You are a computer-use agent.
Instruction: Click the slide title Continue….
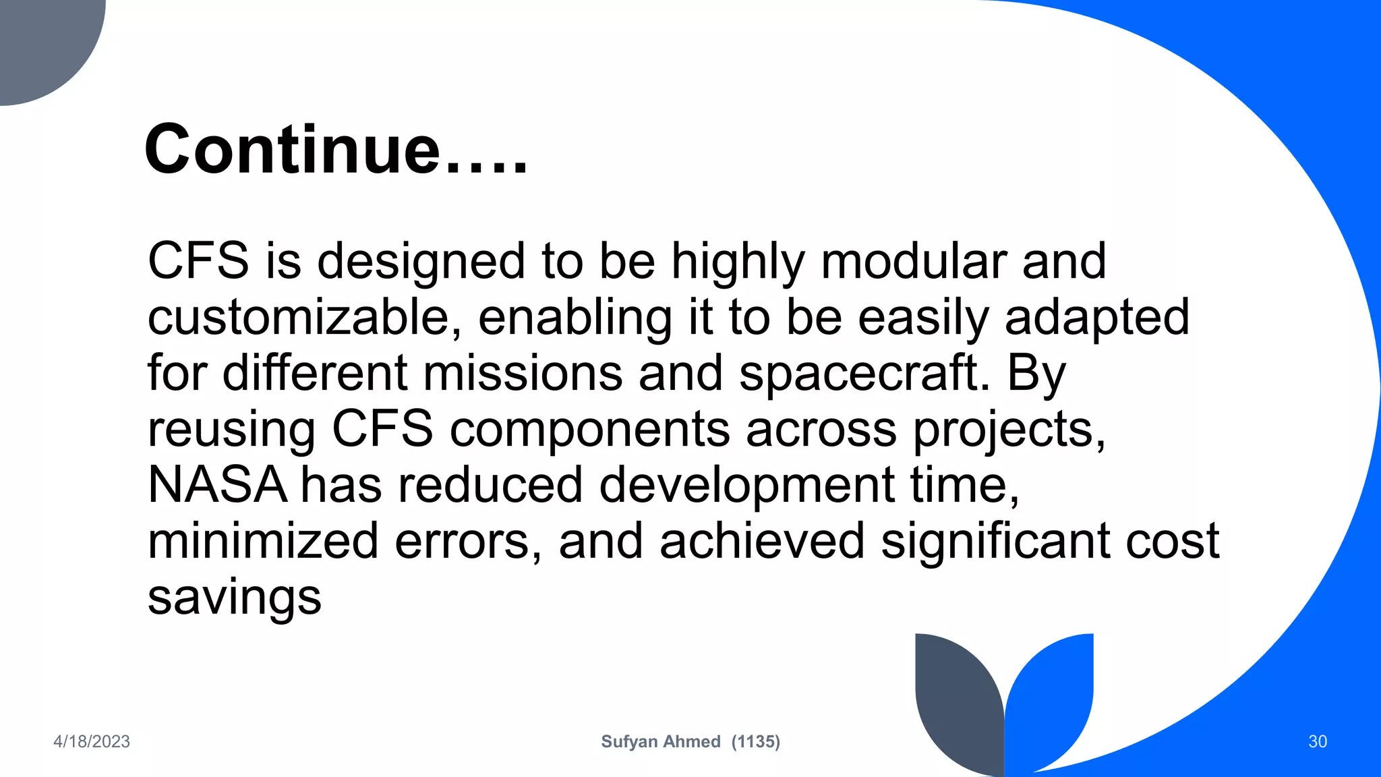point(335,149)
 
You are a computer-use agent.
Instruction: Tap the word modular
point(913,261)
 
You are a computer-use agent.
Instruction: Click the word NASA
point(217,485)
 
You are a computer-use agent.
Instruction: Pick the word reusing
point(231,430)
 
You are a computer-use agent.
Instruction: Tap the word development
point(746,485)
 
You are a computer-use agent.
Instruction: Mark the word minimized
point(263,541)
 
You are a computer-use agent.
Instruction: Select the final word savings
point(234,598)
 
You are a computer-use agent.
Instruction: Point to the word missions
point(523,374)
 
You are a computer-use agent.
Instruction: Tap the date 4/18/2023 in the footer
point(92,742)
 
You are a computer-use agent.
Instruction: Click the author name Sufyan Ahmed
point(661,742)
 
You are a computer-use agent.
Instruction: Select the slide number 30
point(1318,742)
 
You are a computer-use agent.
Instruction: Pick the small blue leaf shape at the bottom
point(1052,695)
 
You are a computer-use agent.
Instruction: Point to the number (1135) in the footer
point(755,742)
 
